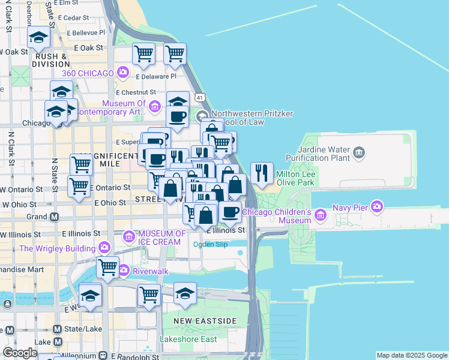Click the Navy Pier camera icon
377,208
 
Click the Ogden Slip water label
209,244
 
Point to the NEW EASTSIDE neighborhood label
205,322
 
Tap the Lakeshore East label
188,339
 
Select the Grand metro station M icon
54,217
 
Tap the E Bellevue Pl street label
86,32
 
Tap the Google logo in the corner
20,353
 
